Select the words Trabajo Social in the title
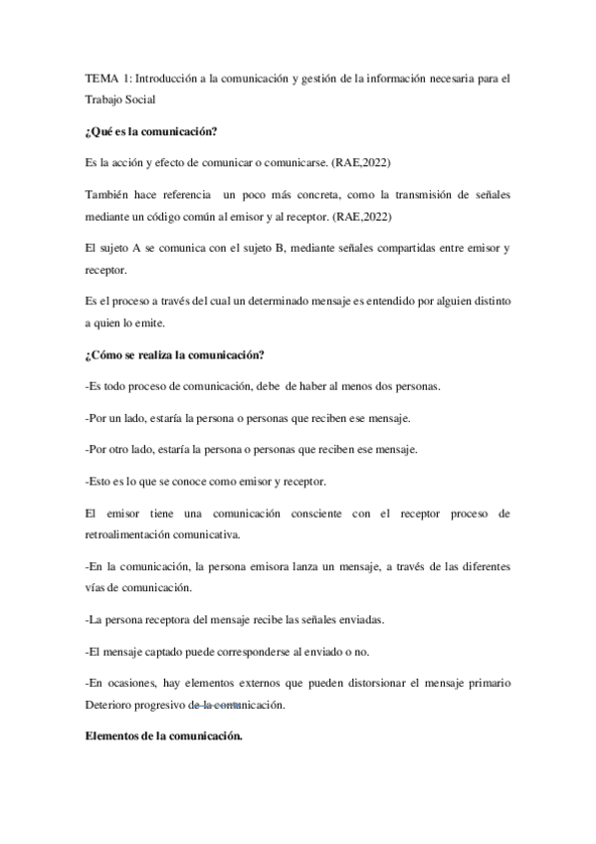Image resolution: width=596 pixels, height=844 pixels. point(119,101)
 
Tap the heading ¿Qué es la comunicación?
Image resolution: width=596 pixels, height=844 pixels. point(151,130)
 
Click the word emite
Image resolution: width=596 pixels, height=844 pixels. point(169,321)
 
